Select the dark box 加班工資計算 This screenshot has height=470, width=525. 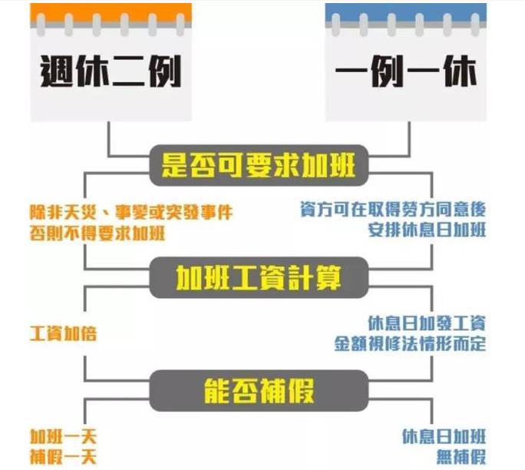[260, 276]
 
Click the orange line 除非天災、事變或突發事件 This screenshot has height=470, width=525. [130, 210]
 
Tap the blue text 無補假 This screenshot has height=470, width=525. [460, 456]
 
